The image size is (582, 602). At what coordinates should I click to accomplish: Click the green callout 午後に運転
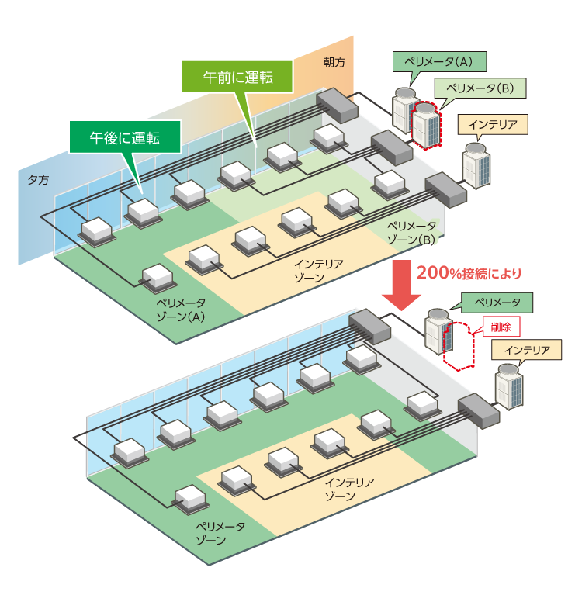click(x=125, y=138)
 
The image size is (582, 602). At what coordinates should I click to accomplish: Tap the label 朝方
click(x=335, y=60)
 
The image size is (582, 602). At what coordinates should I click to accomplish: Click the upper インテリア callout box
click(x=494, y=123)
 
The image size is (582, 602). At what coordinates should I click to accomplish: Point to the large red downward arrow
click(x=403, y=284)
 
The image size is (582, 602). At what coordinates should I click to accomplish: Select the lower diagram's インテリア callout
click(x=525, y=351)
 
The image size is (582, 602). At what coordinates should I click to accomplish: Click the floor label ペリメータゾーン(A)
click(x=181, y=310)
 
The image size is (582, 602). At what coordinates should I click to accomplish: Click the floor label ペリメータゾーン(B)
click(x=411, y=232)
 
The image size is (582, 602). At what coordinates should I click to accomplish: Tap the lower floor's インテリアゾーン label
click(x=349, y=489)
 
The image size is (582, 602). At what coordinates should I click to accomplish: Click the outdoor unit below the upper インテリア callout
click(x=476, y=164)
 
